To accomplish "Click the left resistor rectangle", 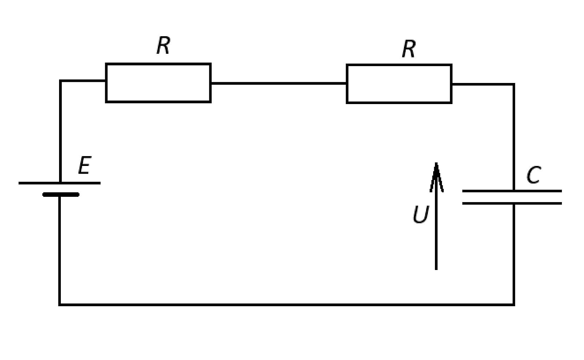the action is [158, 63].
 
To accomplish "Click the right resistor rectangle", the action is [399, 64].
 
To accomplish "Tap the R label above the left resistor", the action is [163, 45].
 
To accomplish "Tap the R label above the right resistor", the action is [409, 49].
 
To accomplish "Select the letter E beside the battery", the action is [85, 165].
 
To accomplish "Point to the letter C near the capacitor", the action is [533, 175].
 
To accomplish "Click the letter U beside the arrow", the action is [421, 214].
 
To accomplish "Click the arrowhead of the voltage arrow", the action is [436, 177].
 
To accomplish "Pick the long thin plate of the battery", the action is [59, 183].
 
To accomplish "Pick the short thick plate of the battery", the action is [61, 194].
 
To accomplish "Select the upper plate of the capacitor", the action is [512, 191].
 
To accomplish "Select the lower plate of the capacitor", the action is [512, 203].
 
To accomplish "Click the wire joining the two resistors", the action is [278, 83].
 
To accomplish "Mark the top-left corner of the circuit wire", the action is [60, 81].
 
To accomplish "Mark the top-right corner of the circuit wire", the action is [514, 84].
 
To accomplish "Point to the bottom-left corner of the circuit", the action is [60, 304].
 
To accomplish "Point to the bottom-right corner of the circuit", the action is [514, 304].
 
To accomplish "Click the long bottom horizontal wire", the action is [287, 304].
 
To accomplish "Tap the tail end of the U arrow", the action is [436, 270].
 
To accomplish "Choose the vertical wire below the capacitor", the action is [514, 254].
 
